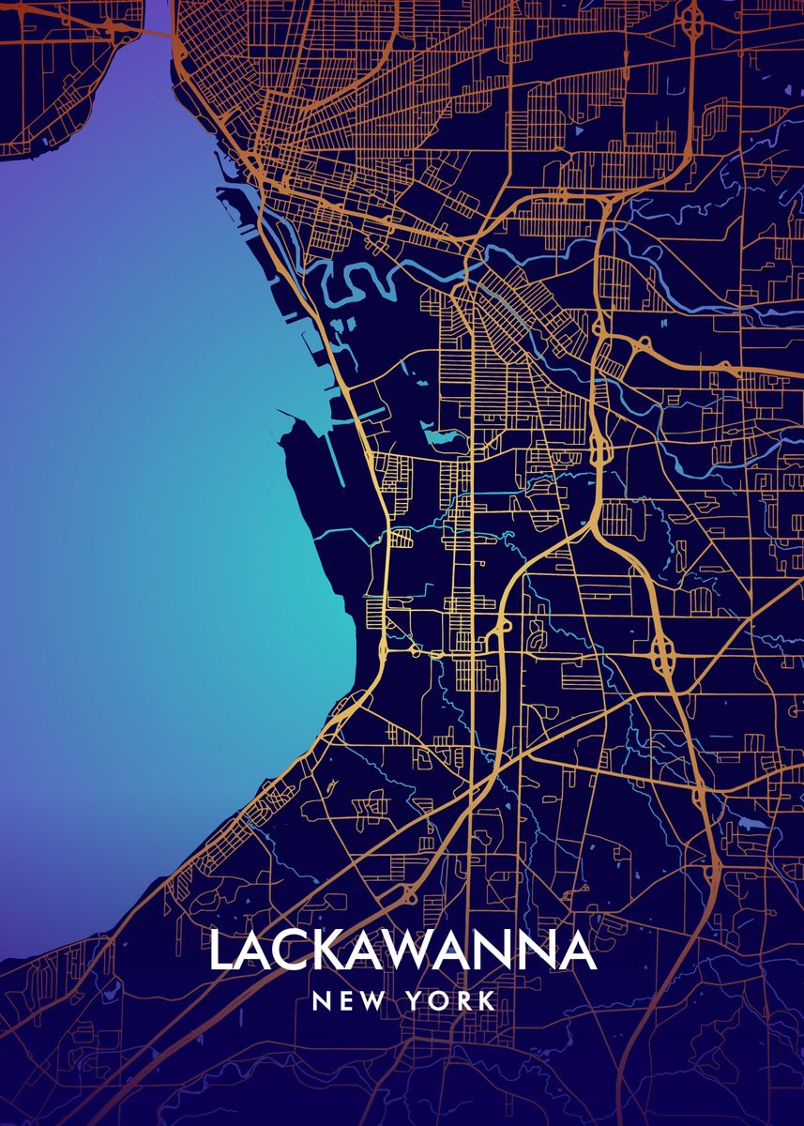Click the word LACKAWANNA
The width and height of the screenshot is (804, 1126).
point(402,951)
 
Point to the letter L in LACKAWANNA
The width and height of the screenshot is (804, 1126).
point(221,951)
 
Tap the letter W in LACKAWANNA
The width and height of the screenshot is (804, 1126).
point(420,951)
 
